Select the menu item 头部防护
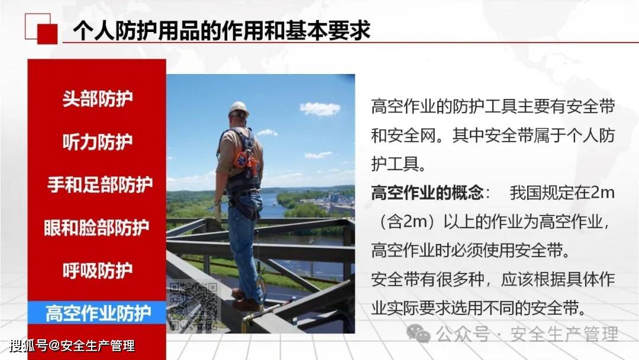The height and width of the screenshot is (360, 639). pos(98,99)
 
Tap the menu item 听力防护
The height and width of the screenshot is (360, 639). pos(98,142)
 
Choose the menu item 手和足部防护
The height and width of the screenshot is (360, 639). pos(100,185)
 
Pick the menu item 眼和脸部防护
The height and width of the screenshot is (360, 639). pos(96,227)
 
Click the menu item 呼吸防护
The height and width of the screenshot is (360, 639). pos(98,271)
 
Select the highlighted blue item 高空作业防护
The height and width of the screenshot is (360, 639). pos(97,313)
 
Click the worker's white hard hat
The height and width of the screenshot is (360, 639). pos(239,108)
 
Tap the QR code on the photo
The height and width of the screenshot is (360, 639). pos(193,306)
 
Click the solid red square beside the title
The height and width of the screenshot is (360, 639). pos(47,34)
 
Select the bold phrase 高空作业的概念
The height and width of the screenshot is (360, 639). pos(427,192)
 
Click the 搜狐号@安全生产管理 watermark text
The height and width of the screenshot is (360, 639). pos(72,346)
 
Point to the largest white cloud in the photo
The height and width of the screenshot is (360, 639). pos(320,109)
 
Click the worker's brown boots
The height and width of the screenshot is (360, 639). pos(247,301)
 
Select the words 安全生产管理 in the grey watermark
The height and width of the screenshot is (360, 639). pos(564,335)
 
